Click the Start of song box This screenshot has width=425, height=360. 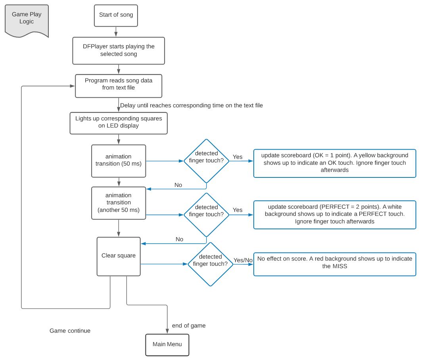tap(116, 15)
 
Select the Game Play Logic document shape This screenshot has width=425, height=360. tap(27, 21)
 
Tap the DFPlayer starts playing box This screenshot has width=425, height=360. tap(119, 51)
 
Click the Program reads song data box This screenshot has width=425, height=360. tap(119, 86)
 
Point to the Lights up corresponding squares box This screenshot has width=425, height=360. tap(119, 123)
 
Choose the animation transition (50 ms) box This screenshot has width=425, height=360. tap(119, 161)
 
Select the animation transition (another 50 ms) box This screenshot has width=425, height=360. tap(119, 203)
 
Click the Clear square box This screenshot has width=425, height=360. tap(119, 256)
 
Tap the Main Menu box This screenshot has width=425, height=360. tap(167, 345)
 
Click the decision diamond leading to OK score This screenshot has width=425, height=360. tap(206, 161)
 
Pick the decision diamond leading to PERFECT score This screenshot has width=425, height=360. tap(206, 215)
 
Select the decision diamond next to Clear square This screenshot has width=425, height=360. tap(211, 264)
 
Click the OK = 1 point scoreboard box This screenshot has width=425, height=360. tap(335, 163)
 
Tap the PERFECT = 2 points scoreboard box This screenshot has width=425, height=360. tap(335, 215)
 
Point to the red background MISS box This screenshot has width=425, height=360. tap(335, 264)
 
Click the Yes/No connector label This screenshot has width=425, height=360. tap(243, 260)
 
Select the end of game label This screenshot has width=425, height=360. tap(189, 326)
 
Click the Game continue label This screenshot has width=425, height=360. tap(70, 331)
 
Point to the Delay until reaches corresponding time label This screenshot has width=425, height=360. tap(191, 105)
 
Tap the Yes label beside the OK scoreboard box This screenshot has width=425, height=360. tap(237, 157)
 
